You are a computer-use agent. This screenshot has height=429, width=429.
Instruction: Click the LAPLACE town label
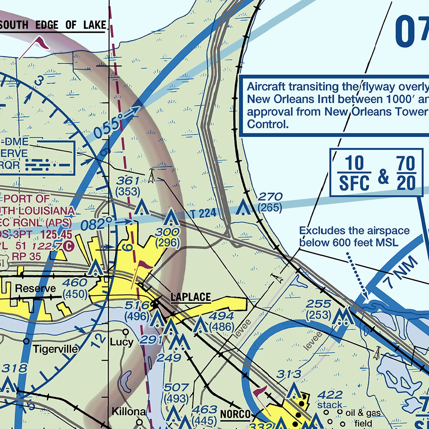click(190, 297)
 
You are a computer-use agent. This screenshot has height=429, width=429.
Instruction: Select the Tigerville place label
click(55, 349)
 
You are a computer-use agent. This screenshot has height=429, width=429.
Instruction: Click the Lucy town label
click(121, 342)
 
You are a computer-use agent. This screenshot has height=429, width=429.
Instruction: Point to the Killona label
click(129, 411)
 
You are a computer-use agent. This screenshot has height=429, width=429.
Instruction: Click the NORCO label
click(235, 415)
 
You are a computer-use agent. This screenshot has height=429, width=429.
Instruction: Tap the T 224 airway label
click(203, 214)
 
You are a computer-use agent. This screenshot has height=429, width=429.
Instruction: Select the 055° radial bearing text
click(109, 127)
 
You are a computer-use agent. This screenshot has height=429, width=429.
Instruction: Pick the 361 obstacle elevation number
click(128, 181)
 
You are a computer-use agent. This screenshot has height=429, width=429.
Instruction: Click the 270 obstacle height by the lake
click(270, 197)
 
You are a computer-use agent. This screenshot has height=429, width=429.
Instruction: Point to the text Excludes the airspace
click(354, 231)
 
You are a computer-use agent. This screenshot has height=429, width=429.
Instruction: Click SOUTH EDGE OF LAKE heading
click(53, 25)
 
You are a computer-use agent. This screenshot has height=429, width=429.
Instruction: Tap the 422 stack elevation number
click(330, 395)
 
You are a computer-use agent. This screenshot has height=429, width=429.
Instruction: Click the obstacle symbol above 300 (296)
click(170, 218)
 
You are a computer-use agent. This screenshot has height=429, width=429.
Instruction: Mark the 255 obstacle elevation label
click(319, 304)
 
